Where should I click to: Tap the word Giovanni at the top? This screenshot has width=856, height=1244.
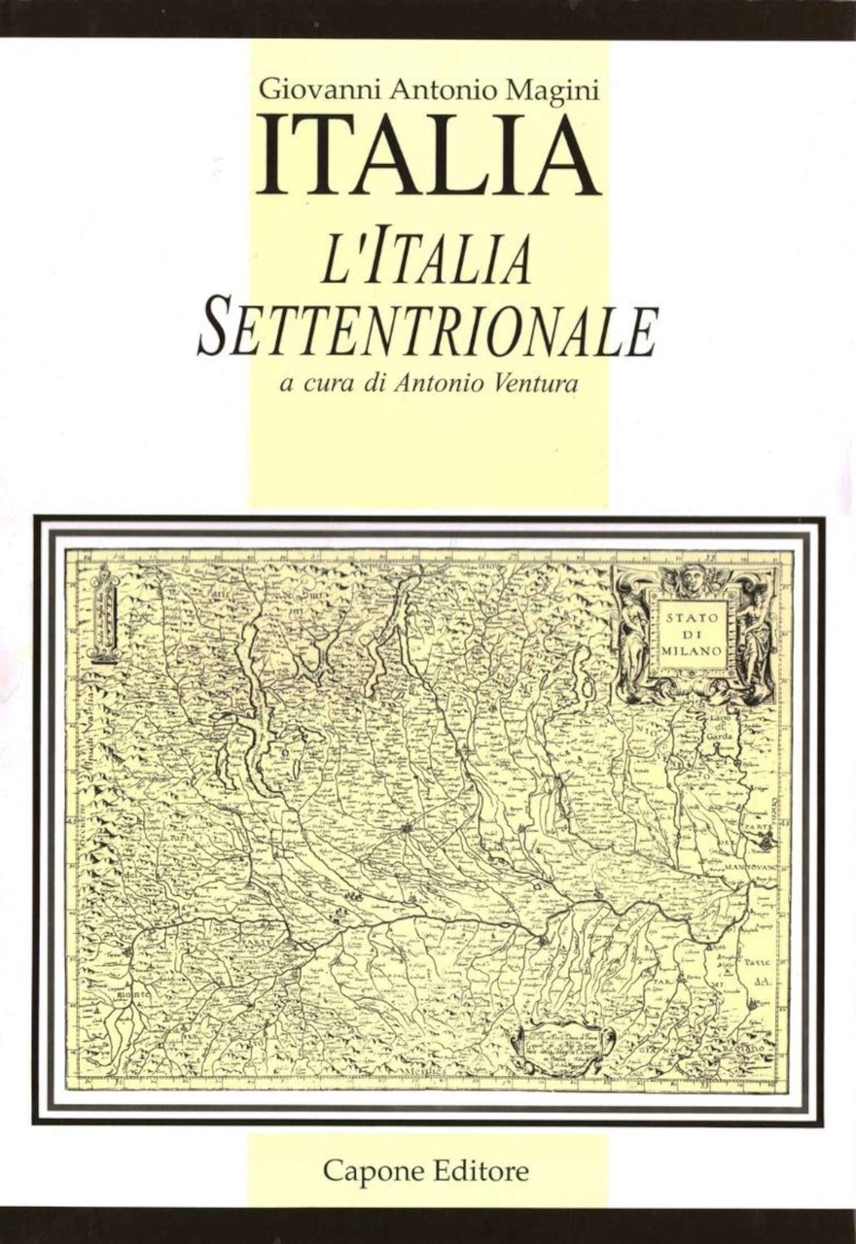click(306, 91)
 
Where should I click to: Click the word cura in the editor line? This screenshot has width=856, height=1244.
click(328, 384)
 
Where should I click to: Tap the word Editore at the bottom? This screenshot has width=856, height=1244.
click(481, 1170)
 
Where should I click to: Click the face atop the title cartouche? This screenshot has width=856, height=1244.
click(692, 574)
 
